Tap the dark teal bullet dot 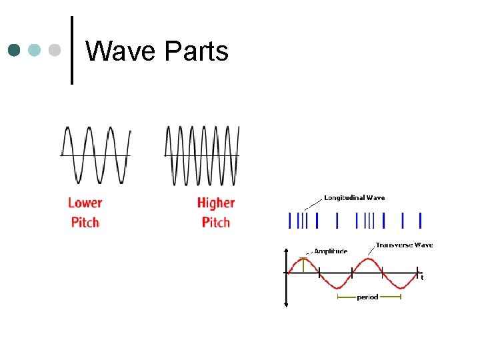15,51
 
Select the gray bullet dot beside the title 55,51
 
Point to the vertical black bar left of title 71,51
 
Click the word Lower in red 85,203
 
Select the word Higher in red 216,203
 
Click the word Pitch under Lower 85,222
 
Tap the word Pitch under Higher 216,222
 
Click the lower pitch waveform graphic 95,155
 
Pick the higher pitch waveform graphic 201,155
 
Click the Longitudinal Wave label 354,197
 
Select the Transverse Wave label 404,245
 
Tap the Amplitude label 331,251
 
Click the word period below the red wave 367,297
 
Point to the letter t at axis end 421,278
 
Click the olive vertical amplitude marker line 303,265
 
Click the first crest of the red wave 303,257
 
